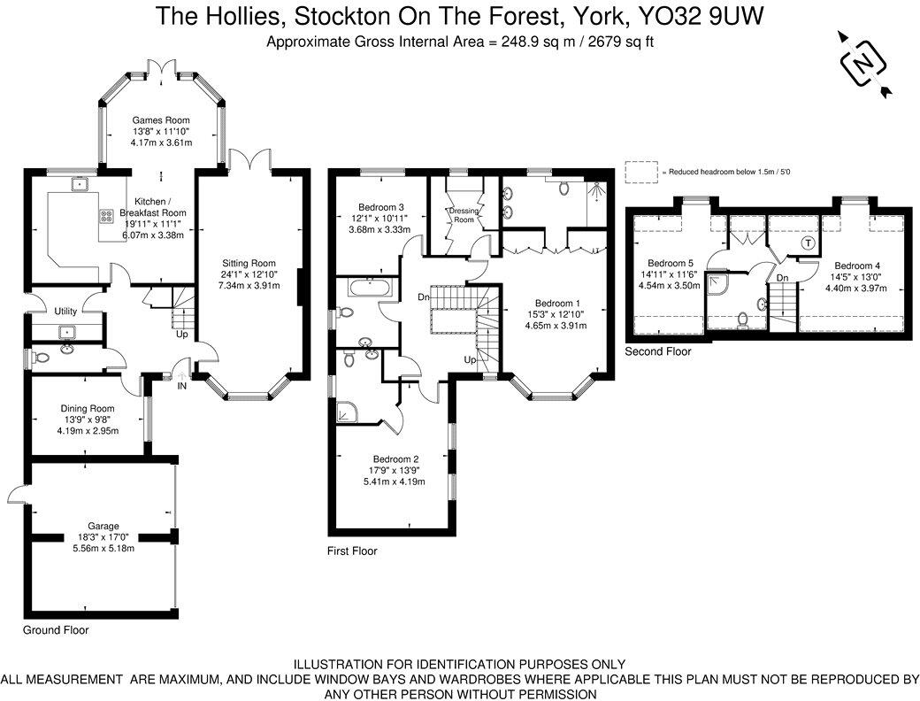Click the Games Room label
pos(152,119)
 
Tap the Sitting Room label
pos(249,263)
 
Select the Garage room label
pos(103,526)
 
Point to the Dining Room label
pos(88,408)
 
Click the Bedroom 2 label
pos(395,459)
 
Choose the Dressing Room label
pos(464,215)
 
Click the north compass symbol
pos(863,63)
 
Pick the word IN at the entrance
pos(182,386)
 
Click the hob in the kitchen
pos(107,215)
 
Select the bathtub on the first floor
pos(372,289)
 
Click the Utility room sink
pos(66,332)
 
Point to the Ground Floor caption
pos(56,630)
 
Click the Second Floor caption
pos(658,351)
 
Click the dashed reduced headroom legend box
pos(642,171)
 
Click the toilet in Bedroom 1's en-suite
pos(563,188)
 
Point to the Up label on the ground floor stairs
pos(182,334)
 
